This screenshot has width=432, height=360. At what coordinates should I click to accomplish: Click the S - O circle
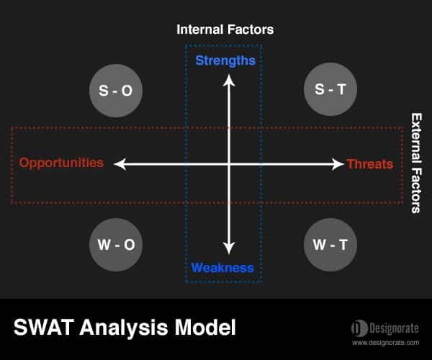[x=116, y=91]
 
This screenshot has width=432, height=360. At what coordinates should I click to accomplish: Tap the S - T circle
[x=330, y=89]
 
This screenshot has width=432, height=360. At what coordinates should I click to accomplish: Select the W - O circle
[x=116, y=245]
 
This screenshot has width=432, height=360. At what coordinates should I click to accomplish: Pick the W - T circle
[x=330, y=245]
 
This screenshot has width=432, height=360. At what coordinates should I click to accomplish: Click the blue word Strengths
[x=225, y=61]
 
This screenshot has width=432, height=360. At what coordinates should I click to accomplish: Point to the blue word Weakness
[x=222, y=268]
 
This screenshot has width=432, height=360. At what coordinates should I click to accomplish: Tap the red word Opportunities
[x=61, y=163]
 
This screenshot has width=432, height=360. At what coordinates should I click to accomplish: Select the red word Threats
[x=370, y=164]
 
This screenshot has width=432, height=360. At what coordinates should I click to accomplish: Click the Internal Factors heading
[x=225, y=30]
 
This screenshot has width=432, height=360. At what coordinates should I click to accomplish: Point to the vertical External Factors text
[x=416, y=163]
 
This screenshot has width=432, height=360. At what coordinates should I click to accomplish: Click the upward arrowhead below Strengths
[x=229, y=80]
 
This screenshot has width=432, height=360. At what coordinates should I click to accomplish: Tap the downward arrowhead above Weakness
[x=229, y=248]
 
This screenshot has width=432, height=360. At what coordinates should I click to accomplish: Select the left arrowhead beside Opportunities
[x=120, y=164]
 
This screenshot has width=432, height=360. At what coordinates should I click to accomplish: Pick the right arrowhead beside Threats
[x=338, y=164]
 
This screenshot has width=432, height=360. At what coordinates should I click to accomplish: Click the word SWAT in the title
[x=44, y=327]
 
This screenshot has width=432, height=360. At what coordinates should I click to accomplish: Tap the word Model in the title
[x=205, y=327]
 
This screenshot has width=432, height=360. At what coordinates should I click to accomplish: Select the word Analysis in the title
[x=124, y=328]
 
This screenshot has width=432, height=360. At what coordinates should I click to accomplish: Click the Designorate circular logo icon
[x=359, y=328]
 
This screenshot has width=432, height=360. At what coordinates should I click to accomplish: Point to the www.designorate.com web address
[x=386, y=343]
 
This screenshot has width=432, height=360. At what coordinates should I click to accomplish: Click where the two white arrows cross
[x=229, y=164]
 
